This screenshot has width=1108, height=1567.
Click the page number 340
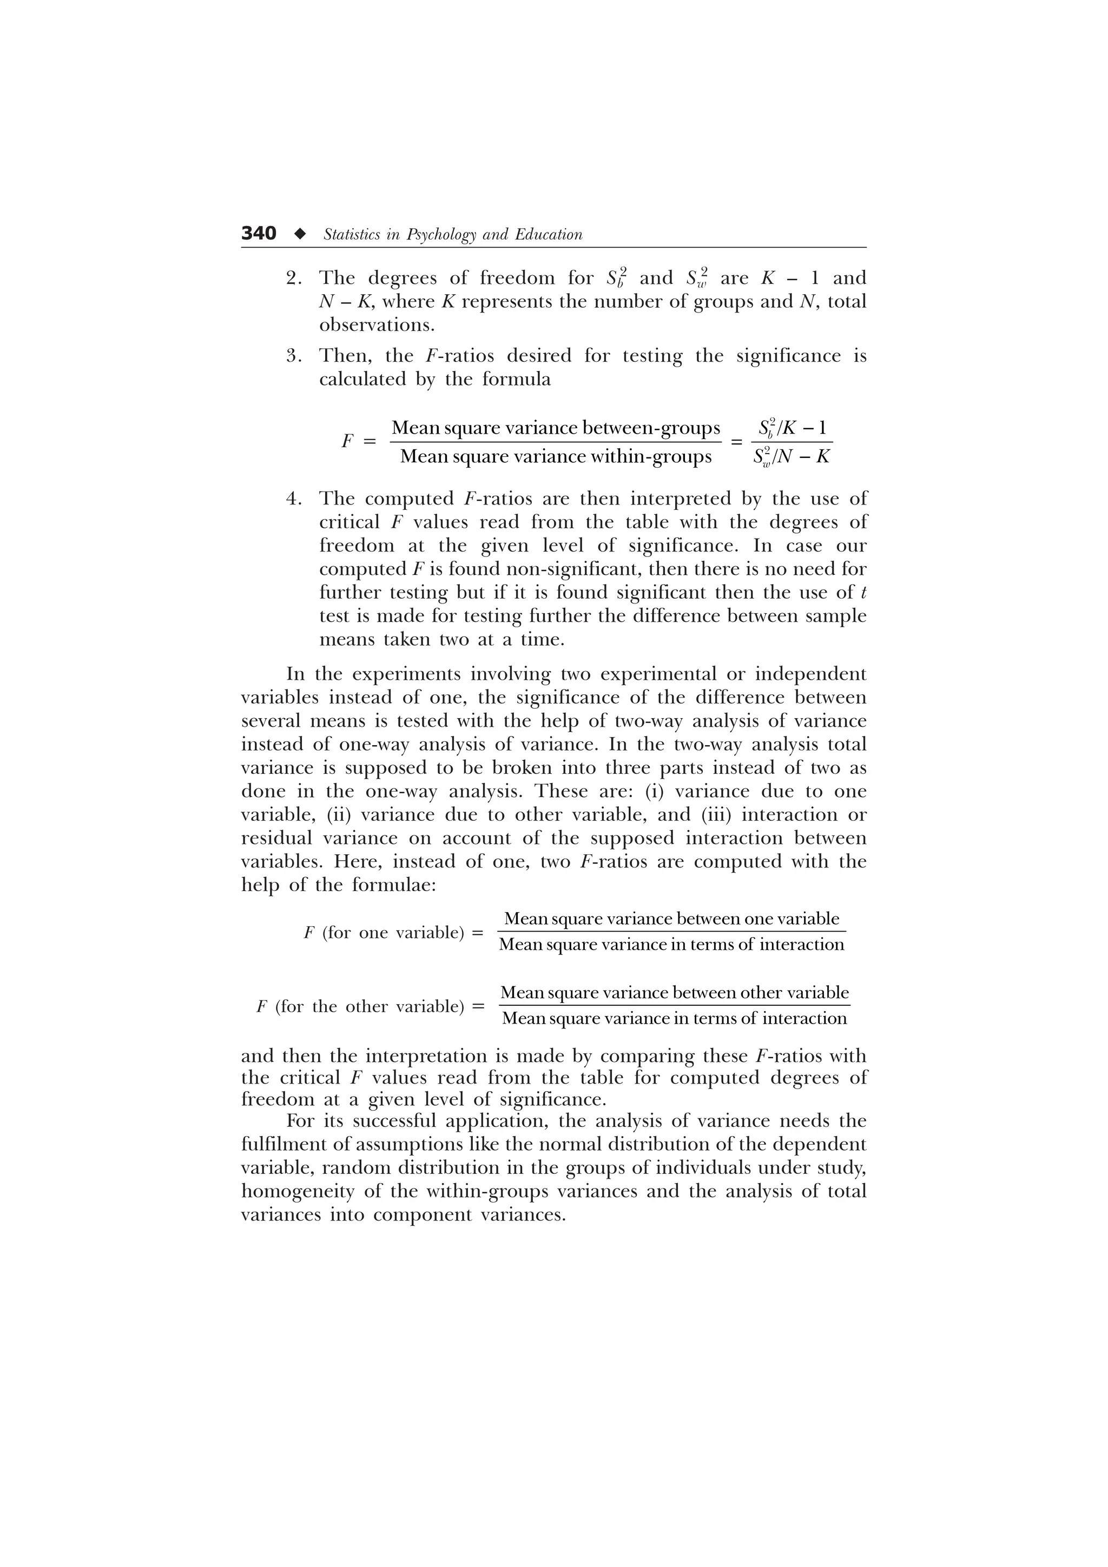[258, 234]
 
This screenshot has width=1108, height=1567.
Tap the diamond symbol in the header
[299, 234]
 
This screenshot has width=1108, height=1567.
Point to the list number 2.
[294, 278]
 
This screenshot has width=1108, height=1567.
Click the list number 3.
[294, 356]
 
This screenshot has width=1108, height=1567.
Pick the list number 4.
[294, 499]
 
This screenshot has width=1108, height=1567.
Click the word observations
[377, 325]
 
